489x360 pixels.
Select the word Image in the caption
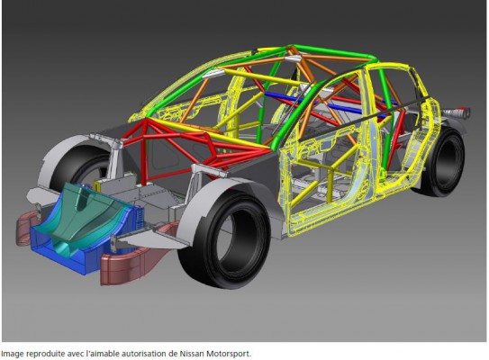tap(13, 354)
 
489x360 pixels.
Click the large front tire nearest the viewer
tap(224, 239)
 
